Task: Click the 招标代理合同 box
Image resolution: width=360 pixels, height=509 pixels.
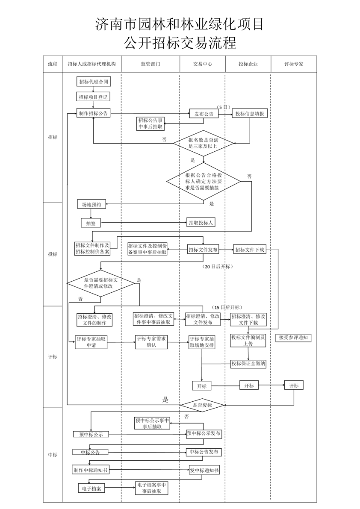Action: (94, 81)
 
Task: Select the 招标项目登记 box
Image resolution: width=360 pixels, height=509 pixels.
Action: (94, 97)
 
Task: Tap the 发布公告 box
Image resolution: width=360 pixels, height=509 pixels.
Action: (204, 114)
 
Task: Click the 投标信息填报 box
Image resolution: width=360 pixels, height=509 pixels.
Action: (250, 114)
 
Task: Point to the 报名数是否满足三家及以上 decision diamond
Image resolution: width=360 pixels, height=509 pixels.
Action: (204, 143)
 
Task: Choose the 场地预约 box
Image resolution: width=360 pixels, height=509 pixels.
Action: (91, 204)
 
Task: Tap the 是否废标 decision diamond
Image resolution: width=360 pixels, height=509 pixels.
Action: (202, 405)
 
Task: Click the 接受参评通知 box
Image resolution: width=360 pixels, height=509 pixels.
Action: (295, 338)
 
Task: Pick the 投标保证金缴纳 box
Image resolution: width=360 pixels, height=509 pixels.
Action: (248, 364)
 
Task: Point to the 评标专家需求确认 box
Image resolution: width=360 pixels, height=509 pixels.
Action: (151, 342)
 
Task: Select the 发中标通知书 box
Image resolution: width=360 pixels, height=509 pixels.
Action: (204, 470)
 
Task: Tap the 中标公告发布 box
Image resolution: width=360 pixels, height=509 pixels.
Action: (204, 452)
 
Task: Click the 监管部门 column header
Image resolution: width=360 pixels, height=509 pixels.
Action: (150, 64)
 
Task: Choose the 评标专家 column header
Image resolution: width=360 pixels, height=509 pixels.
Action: (294, 64)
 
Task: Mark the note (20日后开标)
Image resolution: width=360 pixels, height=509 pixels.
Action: (218, 266)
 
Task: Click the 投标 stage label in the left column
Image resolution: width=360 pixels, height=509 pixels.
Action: (53, 254)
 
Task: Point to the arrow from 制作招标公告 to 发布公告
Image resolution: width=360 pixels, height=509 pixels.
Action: (150, 113)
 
